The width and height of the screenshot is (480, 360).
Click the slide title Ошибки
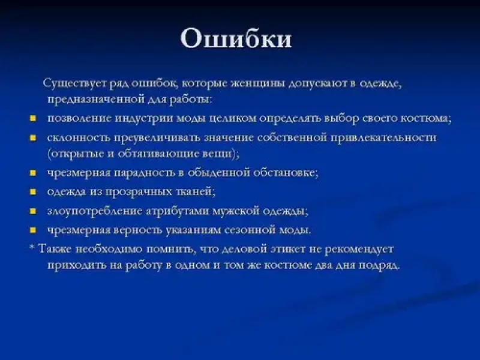(236, 38)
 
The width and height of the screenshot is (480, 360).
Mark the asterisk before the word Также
(32, 247)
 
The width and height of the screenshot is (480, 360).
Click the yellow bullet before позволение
(33, 118)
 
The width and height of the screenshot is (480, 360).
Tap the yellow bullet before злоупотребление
(33, 211)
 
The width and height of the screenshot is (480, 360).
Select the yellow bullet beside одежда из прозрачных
(33, 192)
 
